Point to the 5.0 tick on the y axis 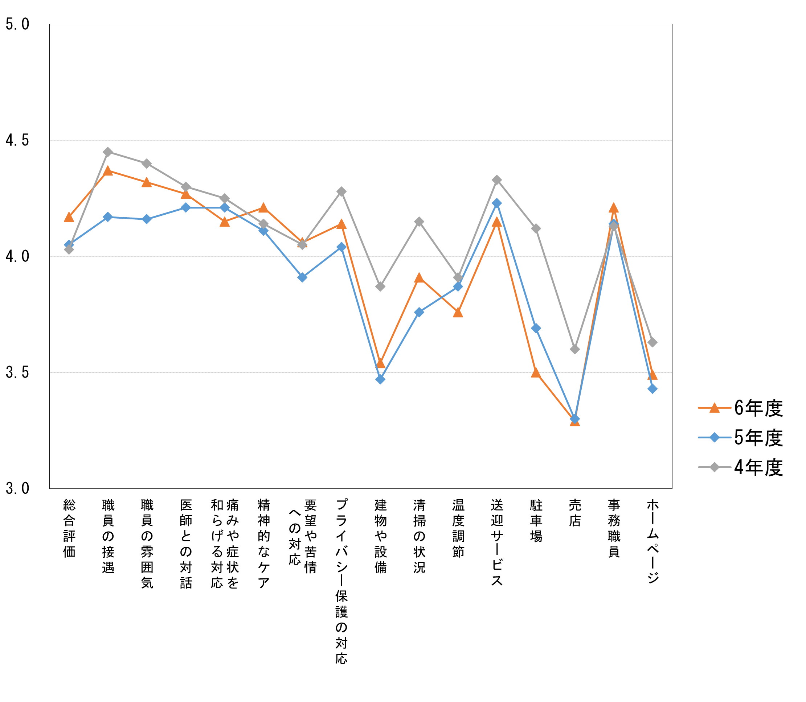[x=17, y=24]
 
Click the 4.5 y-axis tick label [x=17, y=140]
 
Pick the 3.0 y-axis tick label [x=17, y=488]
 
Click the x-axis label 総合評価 [x=69, y=528]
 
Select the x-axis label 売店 [x=575, y=513]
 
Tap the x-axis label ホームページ [x=653, y=541]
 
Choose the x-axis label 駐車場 [x=536, y=521]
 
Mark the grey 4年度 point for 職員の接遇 [x=108, y=152]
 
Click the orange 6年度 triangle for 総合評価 [x=69, y=218]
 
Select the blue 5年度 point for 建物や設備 [x=380, y=379]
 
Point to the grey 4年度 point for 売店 [x=575, y=349]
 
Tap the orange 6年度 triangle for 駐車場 [x=536, y=373]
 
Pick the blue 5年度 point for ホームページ [x=653, y=389]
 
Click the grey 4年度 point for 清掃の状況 [x=419, y=222]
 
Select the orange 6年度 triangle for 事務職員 [x=614, y=208]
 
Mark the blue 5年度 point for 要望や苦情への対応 [x=302, y=277]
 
